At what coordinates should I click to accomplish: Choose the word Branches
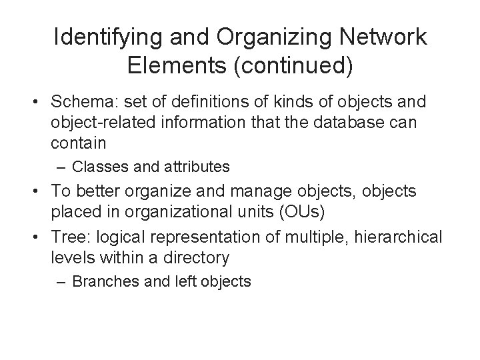pos(101,281)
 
